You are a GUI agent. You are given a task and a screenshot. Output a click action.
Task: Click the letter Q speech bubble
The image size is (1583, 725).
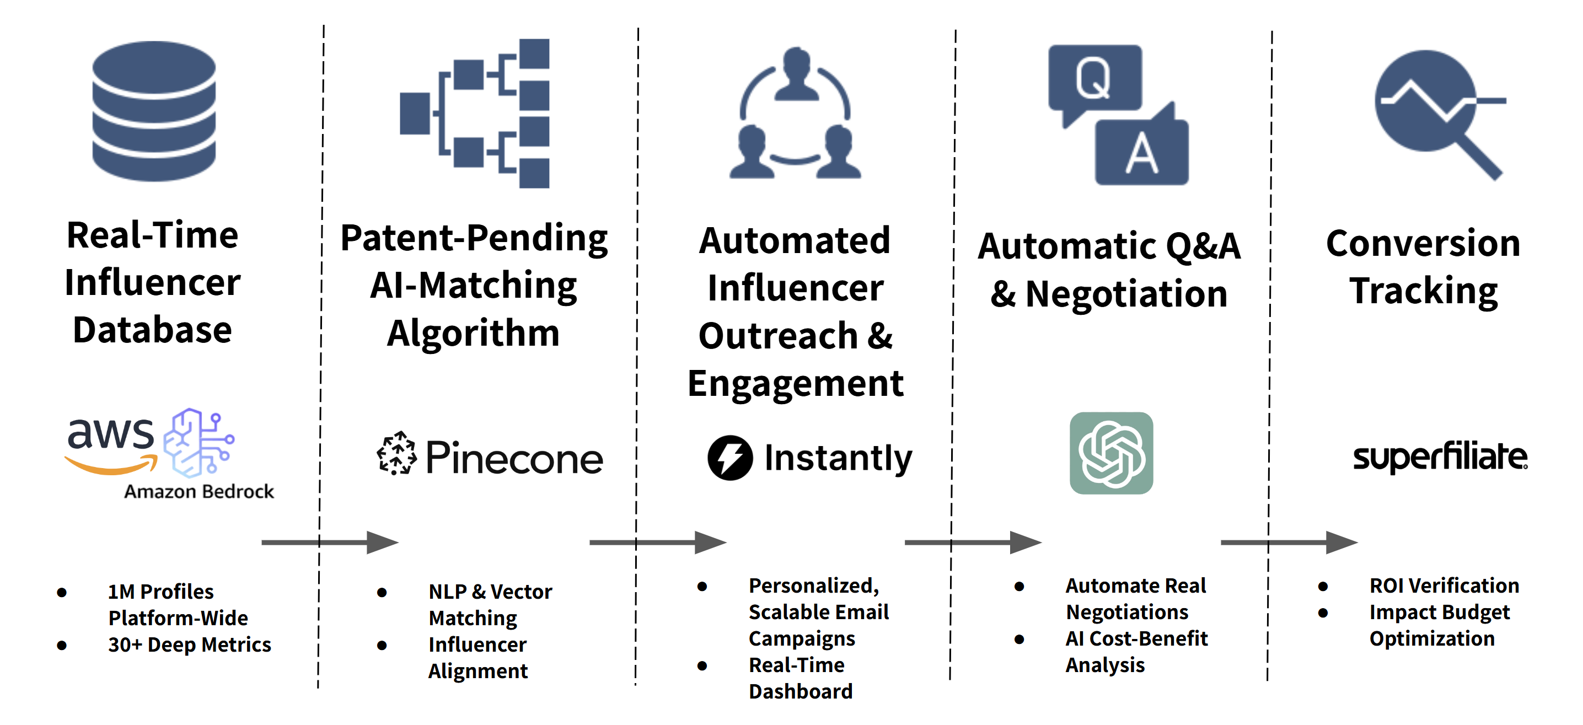click(x=1094, y=79)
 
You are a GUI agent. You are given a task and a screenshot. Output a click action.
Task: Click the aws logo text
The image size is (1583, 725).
click(x=111, y=435)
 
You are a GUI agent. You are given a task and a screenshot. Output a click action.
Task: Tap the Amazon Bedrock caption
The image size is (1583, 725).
click(x=198, y=492)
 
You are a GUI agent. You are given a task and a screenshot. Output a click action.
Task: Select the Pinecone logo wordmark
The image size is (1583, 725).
click(x=514, y=458)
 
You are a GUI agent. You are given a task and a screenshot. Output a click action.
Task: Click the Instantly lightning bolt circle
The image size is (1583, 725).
click(x=729, y=458)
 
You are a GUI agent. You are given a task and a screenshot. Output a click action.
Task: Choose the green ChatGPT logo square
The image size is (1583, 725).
click(x=1111, y=453)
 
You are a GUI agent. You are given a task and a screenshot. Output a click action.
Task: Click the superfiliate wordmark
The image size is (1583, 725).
click(x=1440, y=457)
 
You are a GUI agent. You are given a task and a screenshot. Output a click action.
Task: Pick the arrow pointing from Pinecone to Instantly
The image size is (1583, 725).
click(x=658, y=543)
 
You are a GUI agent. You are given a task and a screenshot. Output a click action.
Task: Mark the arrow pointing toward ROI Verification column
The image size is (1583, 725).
click(x=1289, y=543)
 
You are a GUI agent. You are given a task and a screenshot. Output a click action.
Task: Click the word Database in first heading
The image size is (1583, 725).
click(x=152, y=330)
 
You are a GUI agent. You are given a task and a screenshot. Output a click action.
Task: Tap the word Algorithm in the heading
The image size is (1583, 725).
click(x=473, y=334)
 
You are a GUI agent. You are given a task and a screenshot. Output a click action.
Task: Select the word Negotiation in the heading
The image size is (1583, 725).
click(x=1126, y=294)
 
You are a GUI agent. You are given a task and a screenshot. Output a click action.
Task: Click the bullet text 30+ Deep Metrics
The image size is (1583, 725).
click(x=189, y=645)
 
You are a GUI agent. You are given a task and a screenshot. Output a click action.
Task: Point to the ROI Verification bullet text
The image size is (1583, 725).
click(x=1444, y=586)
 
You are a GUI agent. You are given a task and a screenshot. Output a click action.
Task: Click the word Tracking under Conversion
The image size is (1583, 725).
click(x=1423, y=291)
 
